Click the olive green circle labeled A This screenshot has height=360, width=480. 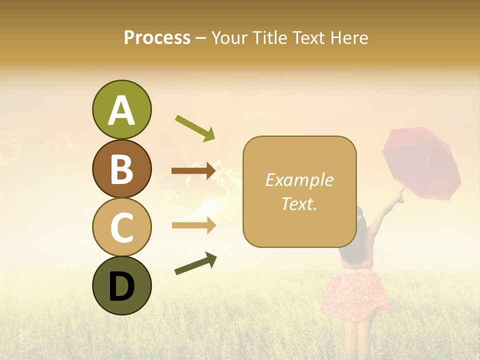(x=121, y=109)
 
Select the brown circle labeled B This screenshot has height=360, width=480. (x=121, y=168)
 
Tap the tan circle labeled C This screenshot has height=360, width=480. (x=121, y=227)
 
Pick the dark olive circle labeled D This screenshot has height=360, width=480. (x=121, y=285)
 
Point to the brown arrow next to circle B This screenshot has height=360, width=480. (x=193, y=171)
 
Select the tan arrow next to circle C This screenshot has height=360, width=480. (x=193, y=225)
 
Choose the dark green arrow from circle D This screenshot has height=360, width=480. (x=195, y=263)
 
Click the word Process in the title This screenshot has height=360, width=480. (x=157, y=38)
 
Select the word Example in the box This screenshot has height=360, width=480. (x=299, y=180)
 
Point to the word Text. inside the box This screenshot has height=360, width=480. (x=299, y=203)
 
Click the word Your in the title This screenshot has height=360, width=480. (x=231, y=38)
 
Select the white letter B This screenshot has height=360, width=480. (x=121, y=168)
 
